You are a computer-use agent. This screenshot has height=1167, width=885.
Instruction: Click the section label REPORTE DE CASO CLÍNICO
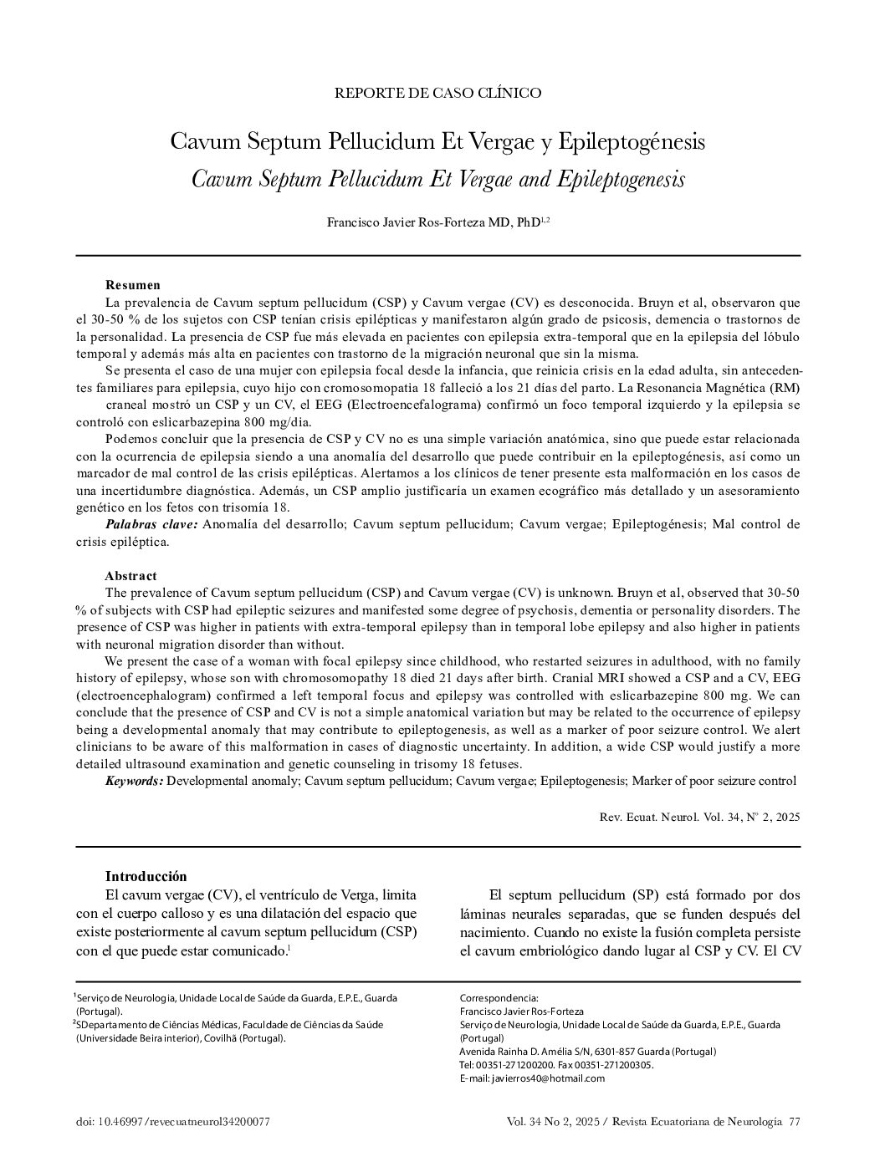(437, 93)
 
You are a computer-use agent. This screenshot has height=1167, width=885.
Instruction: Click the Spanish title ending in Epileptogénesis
(437, 141)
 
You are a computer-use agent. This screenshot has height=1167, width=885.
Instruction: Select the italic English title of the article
(437, 179)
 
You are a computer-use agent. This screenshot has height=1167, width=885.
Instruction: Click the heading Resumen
(132, 285)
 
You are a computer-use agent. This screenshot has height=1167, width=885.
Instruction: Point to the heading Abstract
(130, 576)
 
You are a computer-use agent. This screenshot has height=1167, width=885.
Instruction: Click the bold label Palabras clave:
(151, 524)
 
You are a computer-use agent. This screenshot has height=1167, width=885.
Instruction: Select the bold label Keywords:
(134, 781)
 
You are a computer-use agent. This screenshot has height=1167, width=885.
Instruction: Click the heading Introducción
(146, 876)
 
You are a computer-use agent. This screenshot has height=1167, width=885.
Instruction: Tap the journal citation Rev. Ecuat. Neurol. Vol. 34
(699, 817)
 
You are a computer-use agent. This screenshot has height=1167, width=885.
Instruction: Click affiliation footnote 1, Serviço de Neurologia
(234, 998)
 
